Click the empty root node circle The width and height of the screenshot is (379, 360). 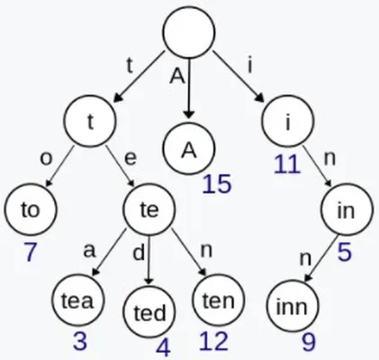tap(189, 31)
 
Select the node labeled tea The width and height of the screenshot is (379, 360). tap(77, 300)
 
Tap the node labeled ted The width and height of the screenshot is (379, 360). tap(149, 312)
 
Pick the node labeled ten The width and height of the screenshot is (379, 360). tap(218, 300)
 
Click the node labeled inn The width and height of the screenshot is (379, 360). tap(293, 306)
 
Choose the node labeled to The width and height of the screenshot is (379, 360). tap(31, 210)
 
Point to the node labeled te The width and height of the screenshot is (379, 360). tap(149, 210)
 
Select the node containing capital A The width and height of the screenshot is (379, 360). tap(189, 149)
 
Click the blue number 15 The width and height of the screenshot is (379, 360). tap(217, 184)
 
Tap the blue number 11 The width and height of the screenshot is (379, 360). tap(287, 164)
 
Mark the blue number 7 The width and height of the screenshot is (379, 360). tap(30, 252)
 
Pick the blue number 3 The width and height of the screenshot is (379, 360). tap(80, 341)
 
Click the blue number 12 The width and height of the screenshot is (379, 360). tap(213, 341)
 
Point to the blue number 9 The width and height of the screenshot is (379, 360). tap(309, 342)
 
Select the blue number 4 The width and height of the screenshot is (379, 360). tap(164, 348)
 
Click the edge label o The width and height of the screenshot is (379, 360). tap(46, 158)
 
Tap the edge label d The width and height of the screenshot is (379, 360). tap(139, 252)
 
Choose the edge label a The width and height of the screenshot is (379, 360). tap(89, 251)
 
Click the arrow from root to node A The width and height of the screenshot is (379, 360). tap(189, 87)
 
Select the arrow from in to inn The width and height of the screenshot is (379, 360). tap(320, 258)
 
